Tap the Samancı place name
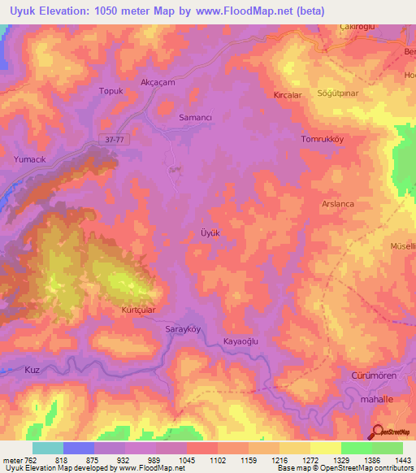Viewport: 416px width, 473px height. tap(195, 117)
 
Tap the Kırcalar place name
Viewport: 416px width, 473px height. tap(288, 95)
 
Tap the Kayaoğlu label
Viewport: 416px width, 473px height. tap(240, 343)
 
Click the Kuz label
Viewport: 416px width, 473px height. tap(32, 370)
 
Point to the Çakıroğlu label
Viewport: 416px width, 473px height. tap(357, 27)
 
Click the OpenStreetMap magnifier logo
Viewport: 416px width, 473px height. tap(379, 432)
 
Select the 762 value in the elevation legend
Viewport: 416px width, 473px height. tap(31, 461)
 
